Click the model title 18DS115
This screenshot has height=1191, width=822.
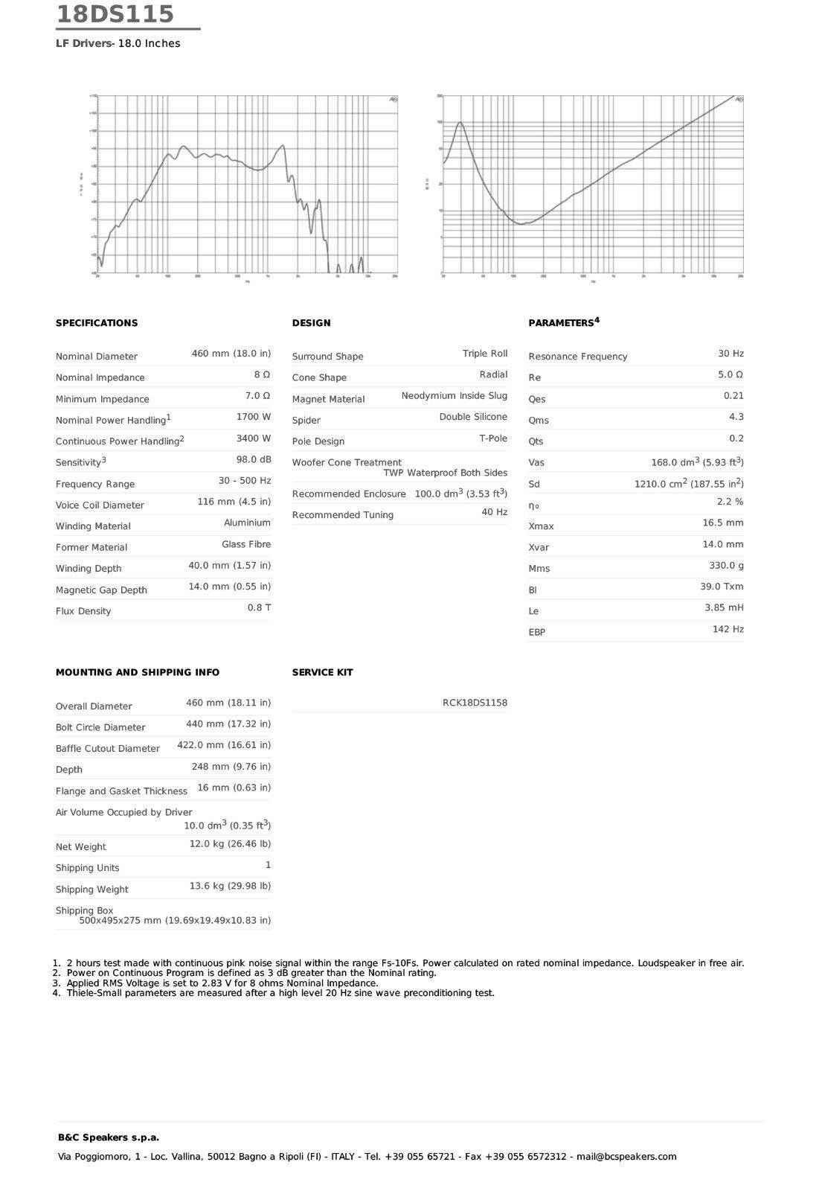click(115, 14)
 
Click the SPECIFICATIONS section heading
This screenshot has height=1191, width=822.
click(97, 323)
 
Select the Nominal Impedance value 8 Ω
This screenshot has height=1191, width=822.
click(262, 374)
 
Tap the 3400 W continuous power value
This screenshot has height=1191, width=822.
click(254, 438)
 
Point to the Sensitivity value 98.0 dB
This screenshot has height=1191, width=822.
click(254, 459)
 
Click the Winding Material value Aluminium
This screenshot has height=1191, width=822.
click(247, 523)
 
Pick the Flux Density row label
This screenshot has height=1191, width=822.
click(83, 611)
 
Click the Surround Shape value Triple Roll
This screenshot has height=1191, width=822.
click(485, 354)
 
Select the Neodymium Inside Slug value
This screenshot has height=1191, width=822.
click(454, 395)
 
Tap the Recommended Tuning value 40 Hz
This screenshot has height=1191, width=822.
click(494, 512)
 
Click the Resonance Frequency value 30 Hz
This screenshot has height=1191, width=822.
click(731, 354)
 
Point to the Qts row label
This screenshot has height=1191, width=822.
click(536, 441)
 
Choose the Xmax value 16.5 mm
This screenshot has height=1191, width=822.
click(722, 523)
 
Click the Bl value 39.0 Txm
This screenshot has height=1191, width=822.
click(722, 587)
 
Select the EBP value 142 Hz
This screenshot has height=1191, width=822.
click(728, 629)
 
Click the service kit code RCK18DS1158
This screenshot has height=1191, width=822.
click(475, 703)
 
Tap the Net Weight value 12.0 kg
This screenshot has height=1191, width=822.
click(230, 844)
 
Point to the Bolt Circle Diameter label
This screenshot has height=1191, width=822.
click(100, 727)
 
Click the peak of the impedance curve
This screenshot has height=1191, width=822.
click(460, 123)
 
